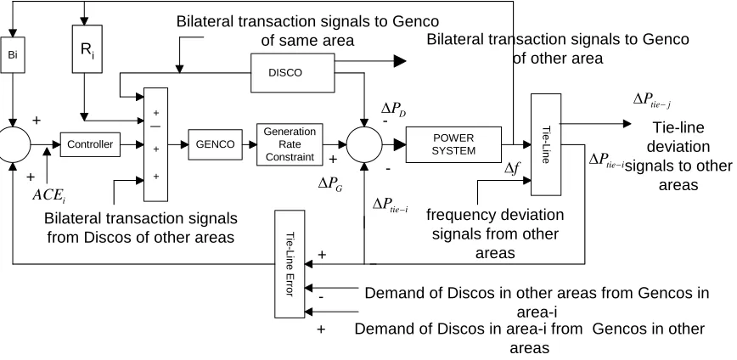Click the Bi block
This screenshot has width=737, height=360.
[13, 54]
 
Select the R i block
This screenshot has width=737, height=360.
[87, 49]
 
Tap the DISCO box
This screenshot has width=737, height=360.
[292, 73]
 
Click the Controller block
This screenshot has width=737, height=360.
[90, 144]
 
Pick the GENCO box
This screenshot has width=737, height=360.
[215, 144]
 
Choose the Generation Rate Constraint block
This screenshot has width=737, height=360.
[290, 144]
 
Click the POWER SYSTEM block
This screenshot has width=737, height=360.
[453, 144]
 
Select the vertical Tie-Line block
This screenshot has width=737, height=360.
[546, 144]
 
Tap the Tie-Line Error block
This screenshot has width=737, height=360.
[290, 264]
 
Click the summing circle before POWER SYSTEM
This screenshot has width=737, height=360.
[364, 144]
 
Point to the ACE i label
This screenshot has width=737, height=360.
[49, 195]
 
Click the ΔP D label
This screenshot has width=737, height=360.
[393, 110]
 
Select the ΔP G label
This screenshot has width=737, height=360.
[330, 185]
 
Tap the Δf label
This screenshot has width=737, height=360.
[511, 167]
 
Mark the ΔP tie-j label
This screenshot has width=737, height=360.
[652, 99]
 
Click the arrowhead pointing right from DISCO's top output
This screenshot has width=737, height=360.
[400, 60]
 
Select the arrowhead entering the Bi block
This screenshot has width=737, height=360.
[13, 32]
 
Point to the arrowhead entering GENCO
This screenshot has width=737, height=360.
[184, 144]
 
